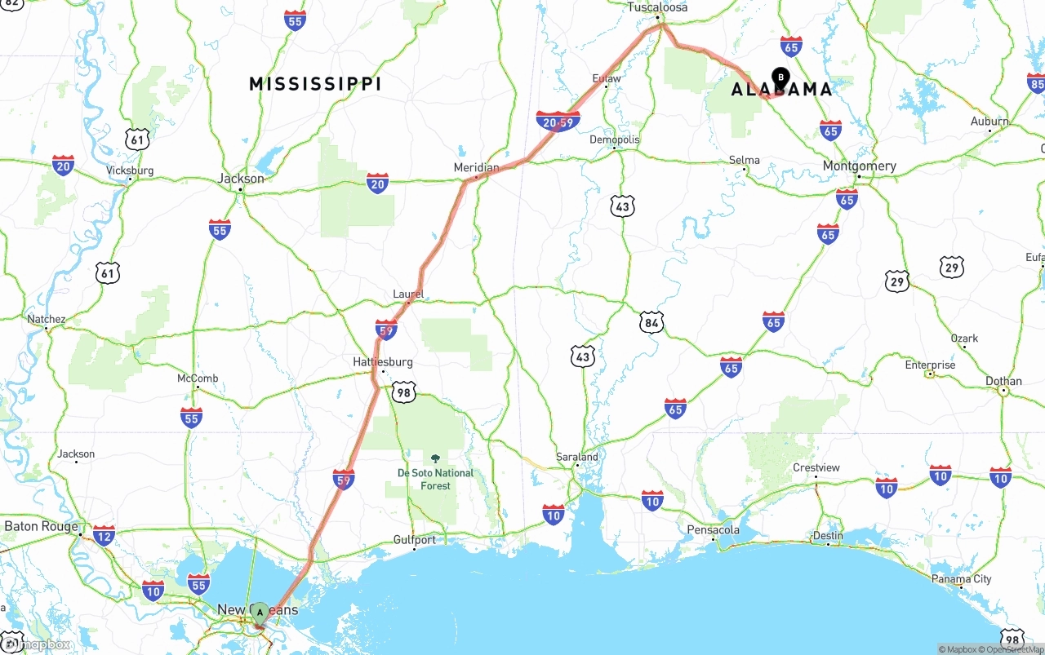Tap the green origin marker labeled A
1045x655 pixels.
[x=260, y=613]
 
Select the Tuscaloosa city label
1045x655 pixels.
[x=657, y=7]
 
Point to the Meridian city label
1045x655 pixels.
[x=476, y=167]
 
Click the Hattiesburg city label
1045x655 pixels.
[x=383, y=361]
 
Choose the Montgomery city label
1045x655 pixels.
[x=859, y=166]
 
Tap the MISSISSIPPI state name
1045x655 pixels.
[x=315, y=84]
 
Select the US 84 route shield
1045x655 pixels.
[x=651, y=322]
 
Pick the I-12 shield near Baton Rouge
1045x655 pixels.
[x=104, y=536]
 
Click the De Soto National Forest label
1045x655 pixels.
[x=435, y=479]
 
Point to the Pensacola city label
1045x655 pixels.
[x=713, y=529]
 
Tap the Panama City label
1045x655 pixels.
[x=961, y=579]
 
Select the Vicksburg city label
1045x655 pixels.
[x=130, y=170]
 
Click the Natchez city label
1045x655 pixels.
[x=46, y=319]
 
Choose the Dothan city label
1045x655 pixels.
[x=1003, y=381]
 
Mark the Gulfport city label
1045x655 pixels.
[x=414, y=539]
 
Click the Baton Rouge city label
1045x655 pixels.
[x=41, y=526]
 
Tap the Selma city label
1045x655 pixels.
[x=744, y=160]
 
